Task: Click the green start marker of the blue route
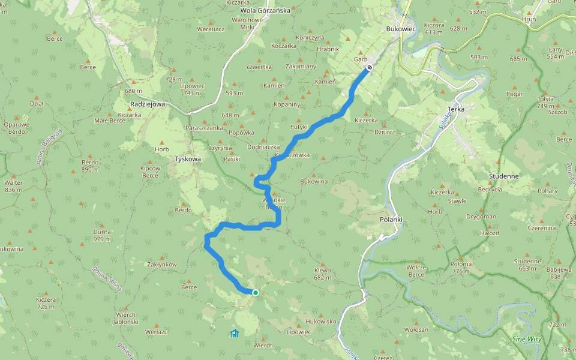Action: pos(256,293)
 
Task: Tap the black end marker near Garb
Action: pos(370,68)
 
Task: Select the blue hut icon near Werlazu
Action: pos(235,334)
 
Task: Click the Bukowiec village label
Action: pos(401,28)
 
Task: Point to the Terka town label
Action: pos(457,109)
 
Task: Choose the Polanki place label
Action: pos(391,220)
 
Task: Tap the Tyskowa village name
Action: pos(187,159)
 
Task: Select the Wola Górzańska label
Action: pos(265,10)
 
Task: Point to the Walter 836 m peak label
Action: pos(13,186)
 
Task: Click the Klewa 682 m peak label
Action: pos(322,274)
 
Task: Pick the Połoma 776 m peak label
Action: pos(461,268)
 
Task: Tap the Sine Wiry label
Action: pos(526,340)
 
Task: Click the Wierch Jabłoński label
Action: pos(127,318)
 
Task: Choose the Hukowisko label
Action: pos(321,321)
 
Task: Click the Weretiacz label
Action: pos(211,28)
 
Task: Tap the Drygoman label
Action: pos(481,217)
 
